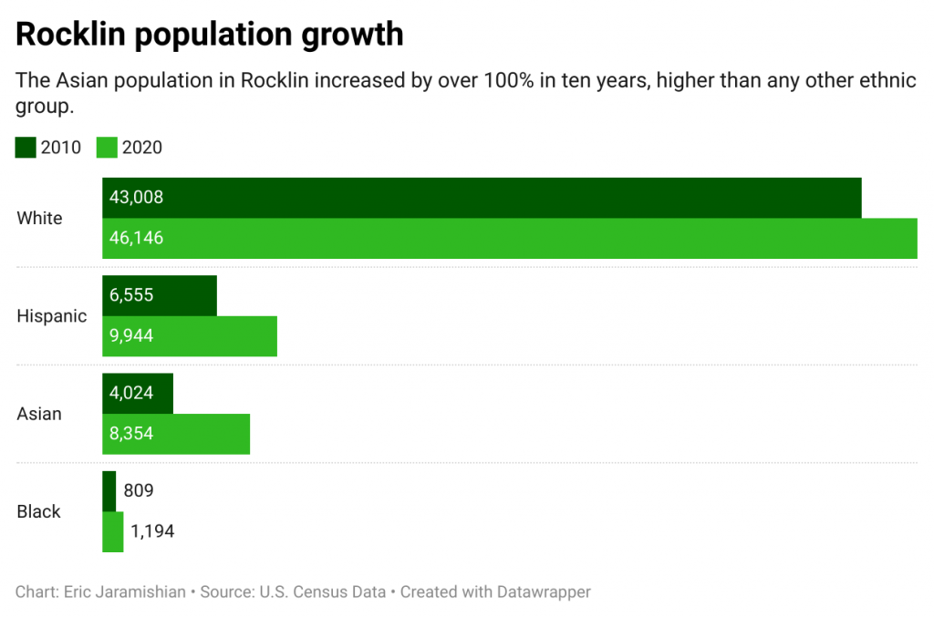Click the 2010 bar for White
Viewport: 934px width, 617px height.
482,198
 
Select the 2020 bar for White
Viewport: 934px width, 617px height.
509,239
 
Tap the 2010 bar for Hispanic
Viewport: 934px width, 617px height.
160,295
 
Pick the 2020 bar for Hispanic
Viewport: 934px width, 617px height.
189,336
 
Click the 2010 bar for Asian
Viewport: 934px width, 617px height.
138,394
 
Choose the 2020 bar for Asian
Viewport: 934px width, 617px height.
176,434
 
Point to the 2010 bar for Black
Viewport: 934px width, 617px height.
109,491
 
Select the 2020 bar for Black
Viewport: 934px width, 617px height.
113,531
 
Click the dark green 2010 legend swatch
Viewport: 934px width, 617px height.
26,147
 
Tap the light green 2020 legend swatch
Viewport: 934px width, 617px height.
107,147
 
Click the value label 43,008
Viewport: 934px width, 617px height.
136,198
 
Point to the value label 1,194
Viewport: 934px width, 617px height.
152,531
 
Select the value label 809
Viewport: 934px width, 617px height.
139,491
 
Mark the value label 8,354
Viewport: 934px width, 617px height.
131,434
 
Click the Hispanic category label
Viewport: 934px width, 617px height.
52,316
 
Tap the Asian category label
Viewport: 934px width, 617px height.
39,414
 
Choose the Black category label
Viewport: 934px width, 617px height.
38,511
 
